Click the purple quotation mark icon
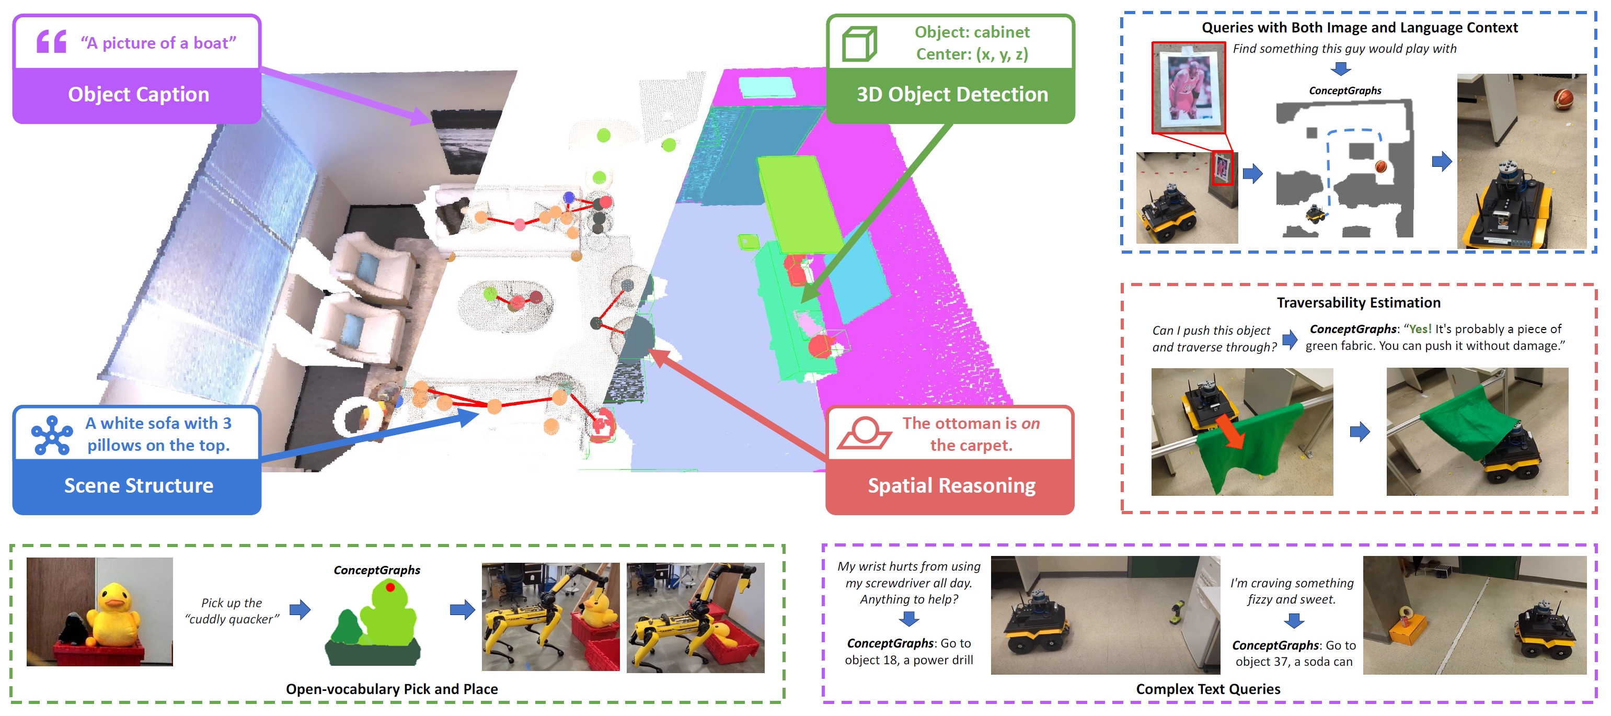(51, 41)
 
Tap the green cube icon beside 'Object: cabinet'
(859, 43)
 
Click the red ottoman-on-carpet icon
(864, 433)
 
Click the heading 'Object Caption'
(138, 95)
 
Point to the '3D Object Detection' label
(951, 95)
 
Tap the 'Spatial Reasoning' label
(951, 486)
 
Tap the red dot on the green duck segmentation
(390, 587)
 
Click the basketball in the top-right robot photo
(1563, 99)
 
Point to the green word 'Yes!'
(1420, 329)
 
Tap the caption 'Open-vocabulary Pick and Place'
(392, 689)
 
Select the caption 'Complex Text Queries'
(1207, 689)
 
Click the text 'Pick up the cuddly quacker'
(232, 611)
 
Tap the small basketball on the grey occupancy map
(1381, 166)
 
